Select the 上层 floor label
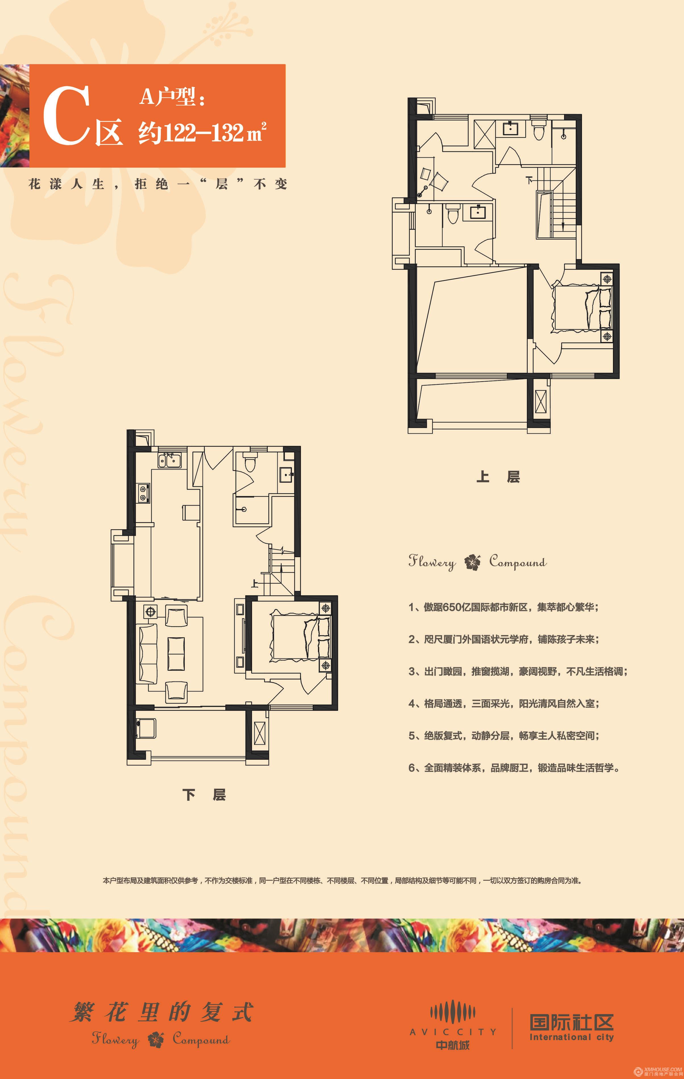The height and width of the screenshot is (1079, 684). (498, 477)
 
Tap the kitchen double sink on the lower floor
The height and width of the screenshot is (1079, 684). (169, 460)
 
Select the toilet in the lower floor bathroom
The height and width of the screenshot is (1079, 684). (250, 462)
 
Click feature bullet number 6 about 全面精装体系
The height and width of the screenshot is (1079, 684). (514, 768)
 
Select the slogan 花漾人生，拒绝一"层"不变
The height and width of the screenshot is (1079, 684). (157, 184)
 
